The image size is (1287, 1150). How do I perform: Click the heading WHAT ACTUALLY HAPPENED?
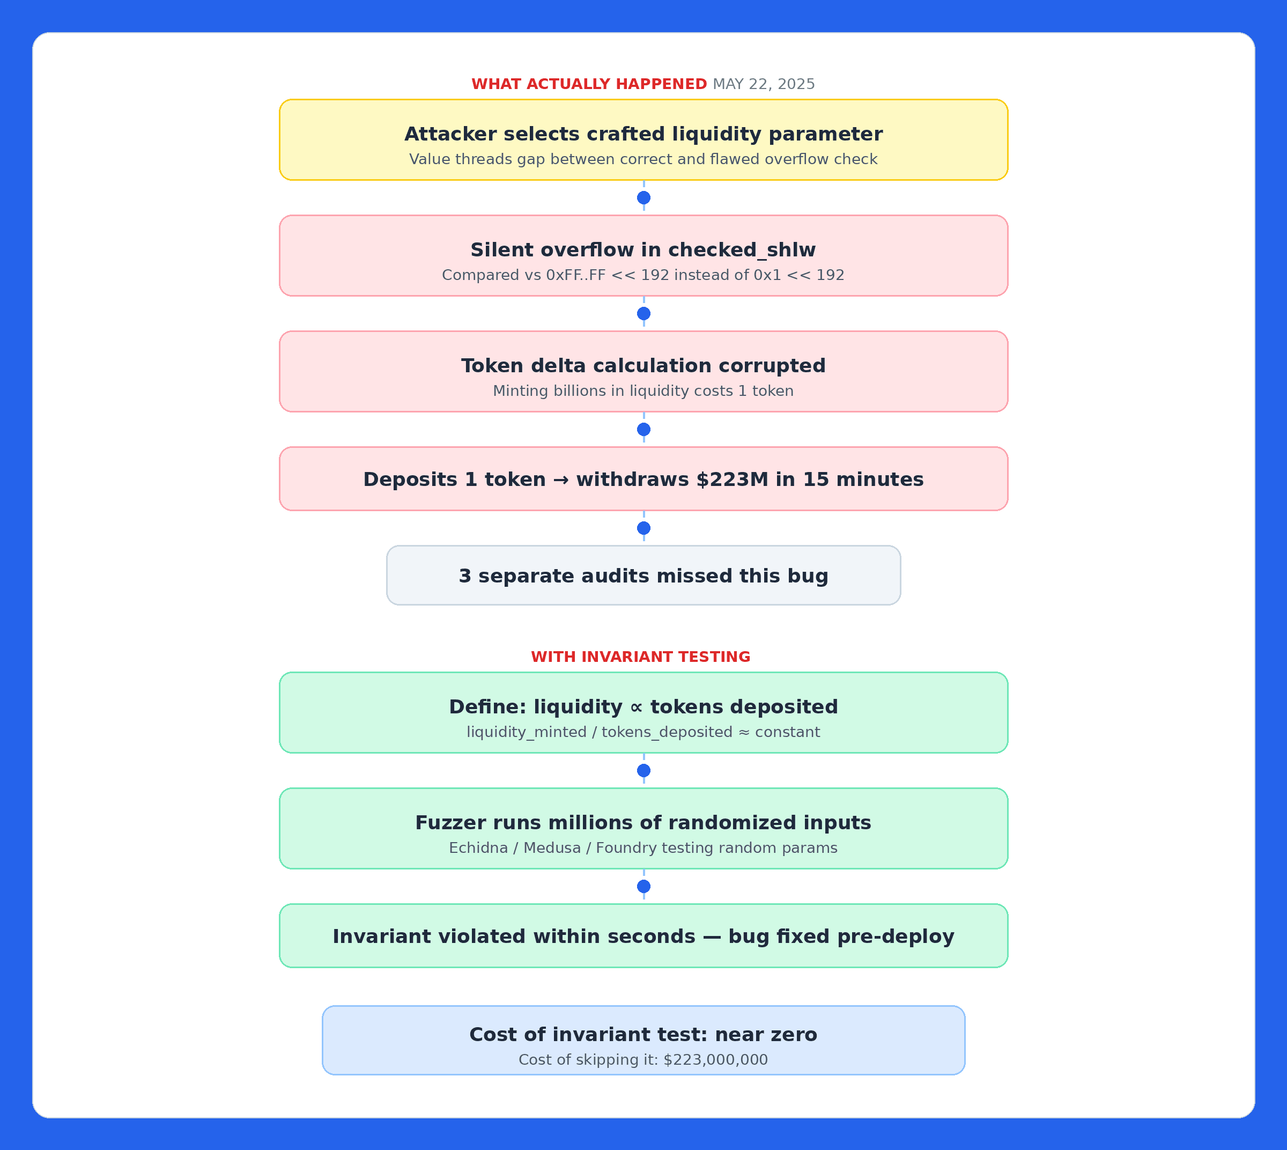point(589,84)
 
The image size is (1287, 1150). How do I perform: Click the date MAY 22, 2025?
point(763,84)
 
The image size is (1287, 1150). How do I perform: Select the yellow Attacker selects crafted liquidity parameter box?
point(643,139)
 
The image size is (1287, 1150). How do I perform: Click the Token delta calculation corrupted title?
point(643,365)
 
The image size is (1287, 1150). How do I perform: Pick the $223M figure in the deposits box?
point(733,479)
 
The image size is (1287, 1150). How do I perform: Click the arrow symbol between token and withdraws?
point(560,480)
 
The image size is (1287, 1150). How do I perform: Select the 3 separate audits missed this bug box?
point(643,576)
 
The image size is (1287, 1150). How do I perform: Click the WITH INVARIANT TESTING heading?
point(640,657)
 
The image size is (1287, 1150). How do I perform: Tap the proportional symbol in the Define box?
point(636,707)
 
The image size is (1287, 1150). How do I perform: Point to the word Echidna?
point(478,847)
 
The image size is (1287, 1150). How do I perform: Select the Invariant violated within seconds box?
point(643,936)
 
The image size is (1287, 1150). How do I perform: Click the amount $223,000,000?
point(715,1060)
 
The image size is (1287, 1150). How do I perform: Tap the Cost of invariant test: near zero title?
point(643,1034)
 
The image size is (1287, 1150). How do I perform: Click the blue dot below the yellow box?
point(643,198)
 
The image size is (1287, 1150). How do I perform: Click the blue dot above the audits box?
point(643,528)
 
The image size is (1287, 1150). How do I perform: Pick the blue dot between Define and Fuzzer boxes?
point(643,770)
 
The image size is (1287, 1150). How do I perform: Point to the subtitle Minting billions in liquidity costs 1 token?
point(643,390)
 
